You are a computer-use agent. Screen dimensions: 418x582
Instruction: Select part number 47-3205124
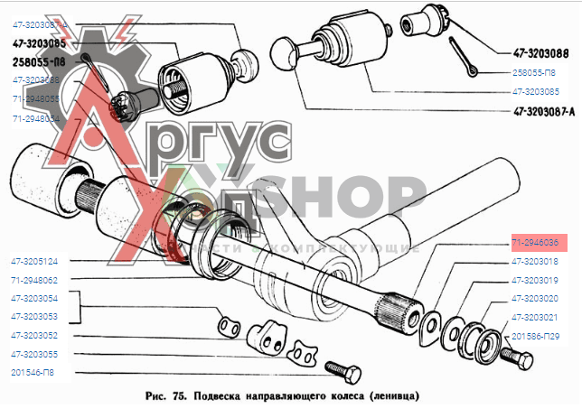35,261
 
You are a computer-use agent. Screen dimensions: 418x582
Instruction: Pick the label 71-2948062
35,280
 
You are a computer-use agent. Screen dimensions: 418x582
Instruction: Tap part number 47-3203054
35,298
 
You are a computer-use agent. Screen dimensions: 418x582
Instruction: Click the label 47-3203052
35,335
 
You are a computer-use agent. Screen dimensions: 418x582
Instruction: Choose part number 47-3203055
35,354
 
